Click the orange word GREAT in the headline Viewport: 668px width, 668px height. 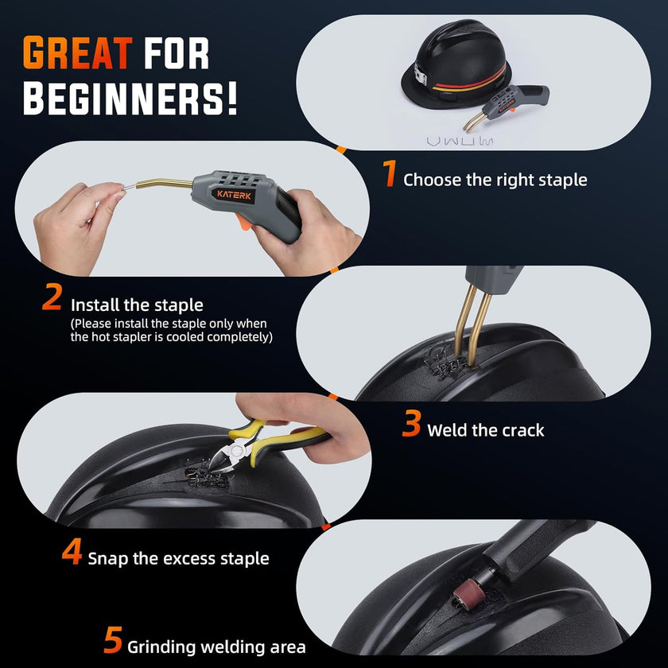[78, 52]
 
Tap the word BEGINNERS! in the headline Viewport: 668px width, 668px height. [130, 99]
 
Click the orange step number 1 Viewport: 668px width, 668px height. [390, 173]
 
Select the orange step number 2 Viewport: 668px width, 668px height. [52, 297]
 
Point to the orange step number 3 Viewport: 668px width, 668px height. [412, 422]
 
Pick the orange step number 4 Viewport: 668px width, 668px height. [72, 551]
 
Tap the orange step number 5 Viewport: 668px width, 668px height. [113, 639]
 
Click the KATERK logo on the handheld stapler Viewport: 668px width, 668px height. [235, 195]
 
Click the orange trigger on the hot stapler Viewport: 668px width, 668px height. [244, 222]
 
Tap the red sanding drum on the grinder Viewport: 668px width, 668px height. [464, 590]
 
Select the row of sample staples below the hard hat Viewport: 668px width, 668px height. [460, 141]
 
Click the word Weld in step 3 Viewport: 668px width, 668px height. [445, 430]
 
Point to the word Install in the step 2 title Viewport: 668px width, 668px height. [95, 305]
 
